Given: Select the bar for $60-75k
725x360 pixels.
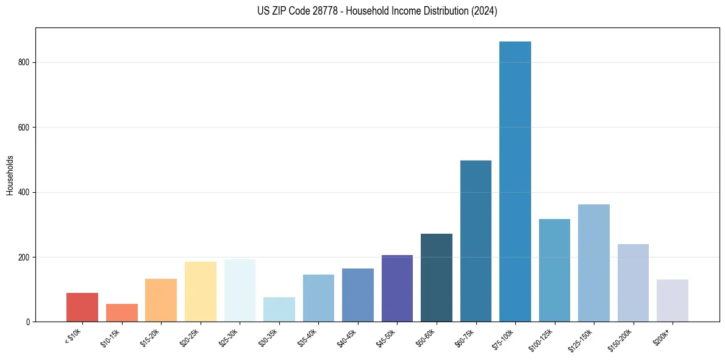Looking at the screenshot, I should click(476, 241).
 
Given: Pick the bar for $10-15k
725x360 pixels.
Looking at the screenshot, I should click(121, 312).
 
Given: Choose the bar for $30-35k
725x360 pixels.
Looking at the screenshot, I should click(279, 309).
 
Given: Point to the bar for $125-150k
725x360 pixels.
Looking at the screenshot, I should click(593, 263).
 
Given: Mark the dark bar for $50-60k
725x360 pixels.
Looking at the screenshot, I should click(436, 278).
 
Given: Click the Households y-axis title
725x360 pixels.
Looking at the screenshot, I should click(10, 175).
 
